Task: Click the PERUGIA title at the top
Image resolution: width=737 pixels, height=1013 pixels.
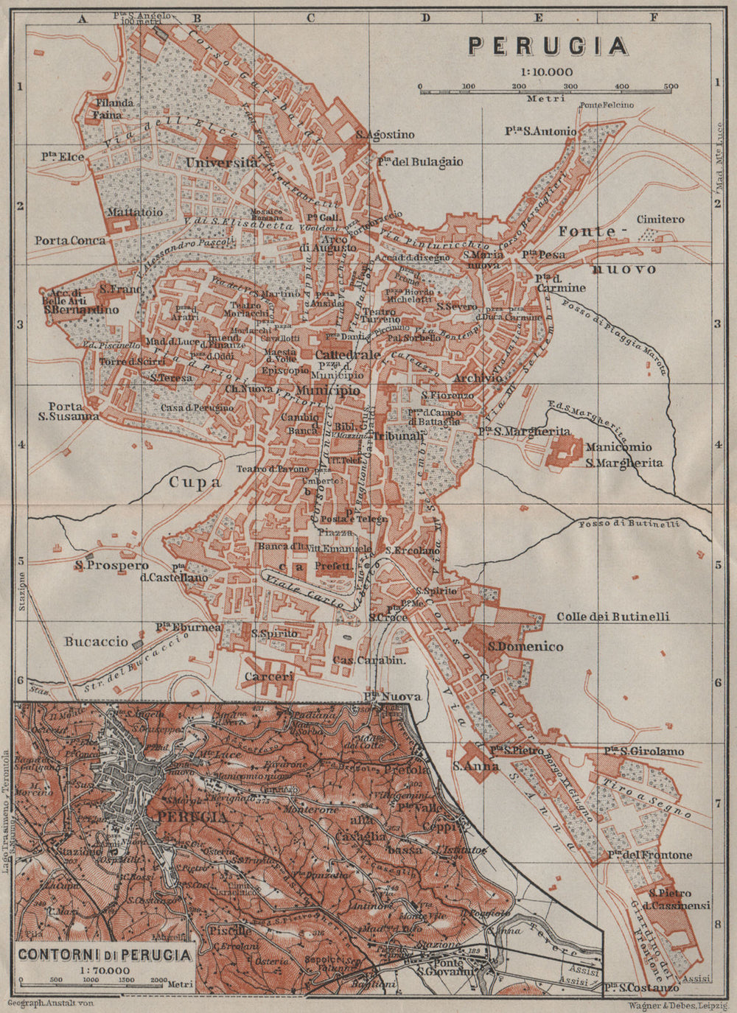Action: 548,46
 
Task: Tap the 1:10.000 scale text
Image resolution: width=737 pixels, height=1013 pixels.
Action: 546,72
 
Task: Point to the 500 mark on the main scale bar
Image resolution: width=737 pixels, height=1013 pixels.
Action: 670,87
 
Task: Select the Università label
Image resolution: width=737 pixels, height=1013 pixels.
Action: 223,162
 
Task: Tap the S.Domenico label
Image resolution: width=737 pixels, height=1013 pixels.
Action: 525,647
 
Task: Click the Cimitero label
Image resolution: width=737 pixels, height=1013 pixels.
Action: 660,220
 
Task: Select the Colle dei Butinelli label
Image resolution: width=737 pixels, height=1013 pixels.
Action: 612,617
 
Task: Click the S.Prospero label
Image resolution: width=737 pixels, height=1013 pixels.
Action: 106,566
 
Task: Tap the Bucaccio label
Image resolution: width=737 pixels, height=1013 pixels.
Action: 96,642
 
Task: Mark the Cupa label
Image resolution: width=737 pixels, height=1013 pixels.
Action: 195,483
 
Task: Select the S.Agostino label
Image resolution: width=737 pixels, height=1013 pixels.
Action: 385,135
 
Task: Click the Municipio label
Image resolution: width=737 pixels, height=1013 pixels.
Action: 329,388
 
